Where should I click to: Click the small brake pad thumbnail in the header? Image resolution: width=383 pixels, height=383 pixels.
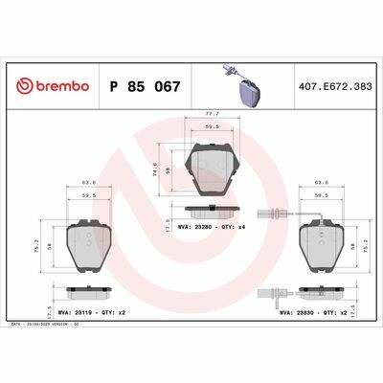248,92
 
